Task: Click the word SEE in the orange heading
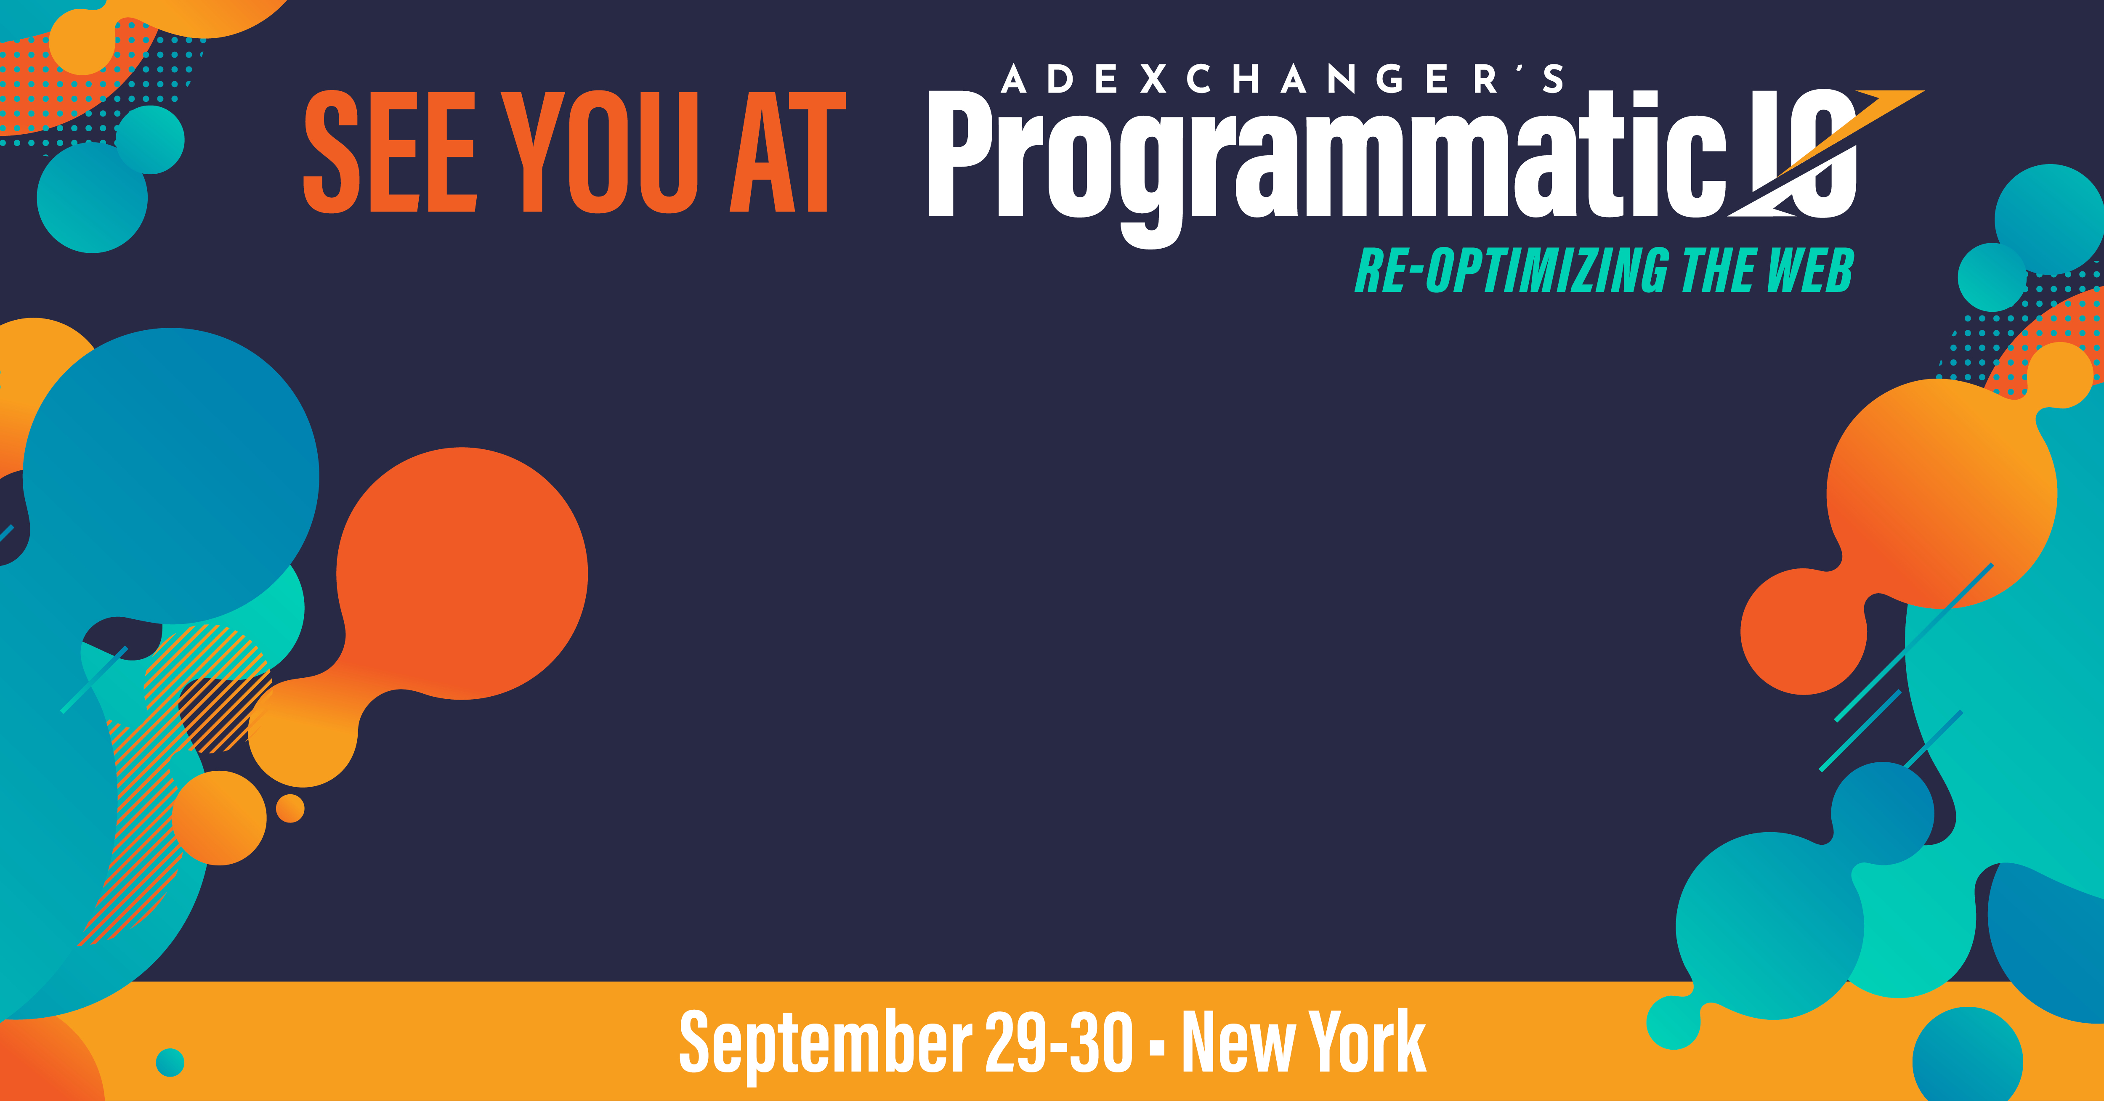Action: pos(390,152)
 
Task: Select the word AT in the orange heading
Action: pos(787,152)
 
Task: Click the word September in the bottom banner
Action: pos(826,1043)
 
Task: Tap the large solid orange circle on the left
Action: pos(462,573)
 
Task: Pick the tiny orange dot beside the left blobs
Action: pos(290,809)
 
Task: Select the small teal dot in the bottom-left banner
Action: pos(170,1063)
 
